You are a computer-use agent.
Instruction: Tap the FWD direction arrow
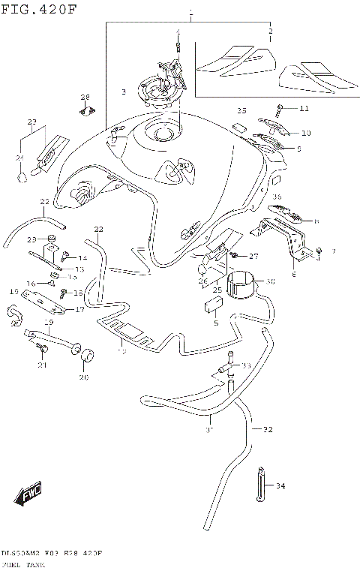coord(28,494)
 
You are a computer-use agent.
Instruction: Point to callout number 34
coord(280,486)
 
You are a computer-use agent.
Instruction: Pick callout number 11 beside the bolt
coord(304,109)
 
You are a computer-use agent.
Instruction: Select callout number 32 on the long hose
coord(268,430)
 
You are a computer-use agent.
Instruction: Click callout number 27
coord(253,256)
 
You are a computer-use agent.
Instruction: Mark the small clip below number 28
coord(86,113)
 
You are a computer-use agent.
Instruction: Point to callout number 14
coord(82,258)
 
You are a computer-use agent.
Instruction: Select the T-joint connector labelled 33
coord(224,368)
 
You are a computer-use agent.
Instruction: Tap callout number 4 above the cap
coord(178,32)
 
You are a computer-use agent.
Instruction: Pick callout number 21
coord(43,365)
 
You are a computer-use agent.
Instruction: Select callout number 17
coord(79,309)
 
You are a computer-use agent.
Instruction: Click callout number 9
coord(298,149)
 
